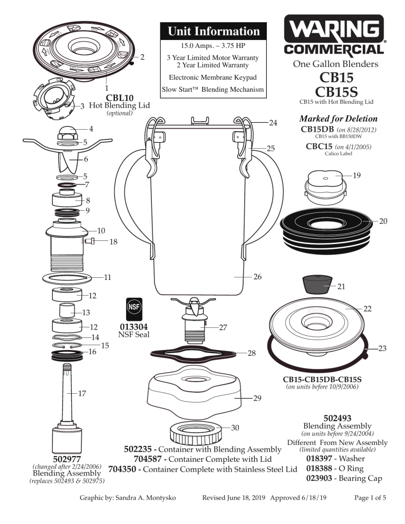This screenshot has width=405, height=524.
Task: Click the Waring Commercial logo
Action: click(x=335, y=35)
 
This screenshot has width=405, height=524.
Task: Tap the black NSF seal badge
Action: click(x=133, y=307)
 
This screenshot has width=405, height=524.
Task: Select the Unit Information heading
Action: click(x=214, y=31)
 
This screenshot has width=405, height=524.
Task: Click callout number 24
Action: click(x=273, y=123)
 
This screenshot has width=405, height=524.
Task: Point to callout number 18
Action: click(x=113, y=242)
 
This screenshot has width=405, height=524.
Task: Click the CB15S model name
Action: click(x=336, y=92)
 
